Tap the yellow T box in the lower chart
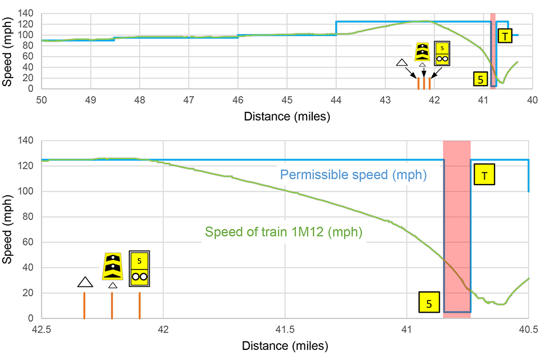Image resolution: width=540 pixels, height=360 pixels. (485, 175)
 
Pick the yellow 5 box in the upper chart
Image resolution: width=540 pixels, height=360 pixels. (480, 79)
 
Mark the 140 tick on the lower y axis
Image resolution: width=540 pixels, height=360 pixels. (27, 141)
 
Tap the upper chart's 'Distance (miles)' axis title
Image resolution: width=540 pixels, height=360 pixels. (286, 116)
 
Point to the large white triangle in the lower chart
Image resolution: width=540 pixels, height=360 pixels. (84, 282)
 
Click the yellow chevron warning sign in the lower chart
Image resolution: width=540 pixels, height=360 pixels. (112, 266)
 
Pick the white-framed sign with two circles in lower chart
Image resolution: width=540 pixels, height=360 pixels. (139, 269)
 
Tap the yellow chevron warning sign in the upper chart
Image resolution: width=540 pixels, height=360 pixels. (422, 52)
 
